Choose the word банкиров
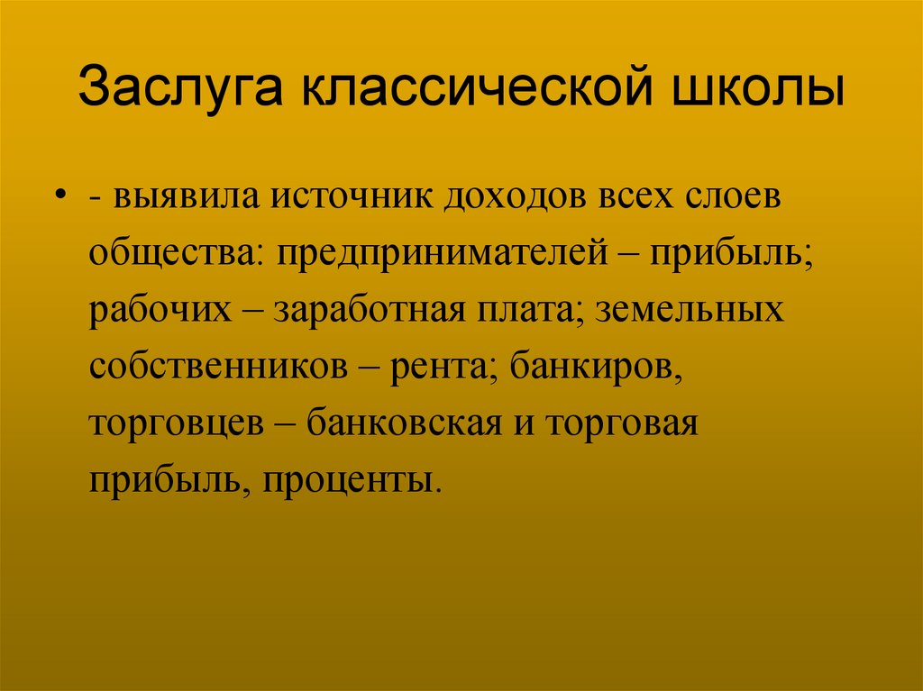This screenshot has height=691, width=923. [x=595, y=367]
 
